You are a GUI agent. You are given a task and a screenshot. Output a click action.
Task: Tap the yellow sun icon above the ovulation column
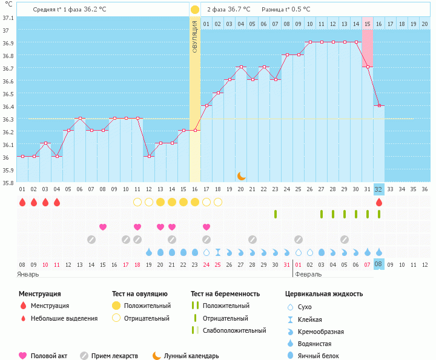tap(195, 10)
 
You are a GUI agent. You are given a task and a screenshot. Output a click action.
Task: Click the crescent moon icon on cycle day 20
tap(241, 175)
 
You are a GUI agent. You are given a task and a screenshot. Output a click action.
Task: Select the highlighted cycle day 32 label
tap(378, 189)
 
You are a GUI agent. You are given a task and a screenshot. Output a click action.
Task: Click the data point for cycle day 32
tap(378, 106)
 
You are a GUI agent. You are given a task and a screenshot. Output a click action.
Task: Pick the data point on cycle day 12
tap(149, 156)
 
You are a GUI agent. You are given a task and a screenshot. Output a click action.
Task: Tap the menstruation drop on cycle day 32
tap(378, 202)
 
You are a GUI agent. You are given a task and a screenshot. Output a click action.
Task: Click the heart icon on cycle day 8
tap(103, 227)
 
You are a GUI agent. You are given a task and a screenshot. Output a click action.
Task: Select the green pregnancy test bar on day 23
tap(276, 214)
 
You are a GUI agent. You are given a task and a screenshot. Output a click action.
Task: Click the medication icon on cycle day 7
tap(91, 240)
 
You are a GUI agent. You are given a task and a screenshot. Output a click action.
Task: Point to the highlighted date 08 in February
tap(378, 264)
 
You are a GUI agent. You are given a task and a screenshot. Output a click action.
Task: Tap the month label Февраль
tap(308, 274)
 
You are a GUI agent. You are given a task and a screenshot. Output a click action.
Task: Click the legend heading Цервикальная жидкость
tap(323, 294)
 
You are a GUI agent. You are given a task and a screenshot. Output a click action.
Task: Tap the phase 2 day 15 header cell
tap(367, 24)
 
